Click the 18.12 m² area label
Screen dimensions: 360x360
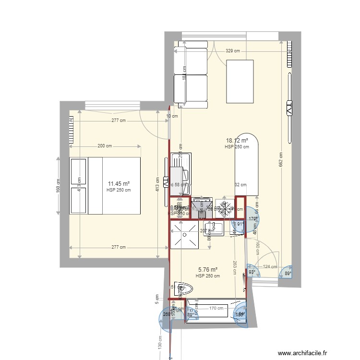tap(237, 141)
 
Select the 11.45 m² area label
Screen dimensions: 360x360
tap(119, 184)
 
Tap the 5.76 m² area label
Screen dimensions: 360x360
tap(208, 270)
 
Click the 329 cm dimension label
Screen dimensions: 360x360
tap(233, 51)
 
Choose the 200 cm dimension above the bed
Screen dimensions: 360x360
tap(105, 146)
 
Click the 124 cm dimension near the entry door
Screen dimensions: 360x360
tap(270, 267)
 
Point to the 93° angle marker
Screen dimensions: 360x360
tap(252, 273)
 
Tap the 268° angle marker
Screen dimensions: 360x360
tap(167, 315)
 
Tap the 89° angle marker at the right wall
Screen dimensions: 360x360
tap(288, 273)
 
